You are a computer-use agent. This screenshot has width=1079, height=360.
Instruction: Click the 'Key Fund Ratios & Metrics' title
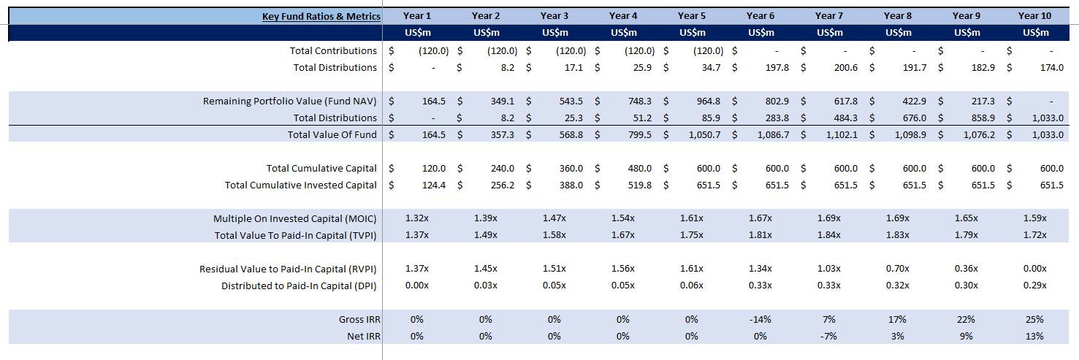321,16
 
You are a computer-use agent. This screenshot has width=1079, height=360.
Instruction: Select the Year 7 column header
829,16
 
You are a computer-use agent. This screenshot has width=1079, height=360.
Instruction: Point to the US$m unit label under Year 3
554,33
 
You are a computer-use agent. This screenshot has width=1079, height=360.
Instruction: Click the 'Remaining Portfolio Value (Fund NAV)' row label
290,102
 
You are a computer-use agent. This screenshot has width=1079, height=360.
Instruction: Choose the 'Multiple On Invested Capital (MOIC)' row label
295,219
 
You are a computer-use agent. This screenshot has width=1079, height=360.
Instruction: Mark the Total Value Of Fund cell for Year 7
840,135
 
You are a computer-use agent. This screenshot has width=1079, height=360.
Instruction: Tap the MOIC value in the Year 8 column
898,219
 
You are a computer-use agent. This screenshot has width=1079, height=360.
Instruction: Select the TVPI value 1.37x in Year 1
417,235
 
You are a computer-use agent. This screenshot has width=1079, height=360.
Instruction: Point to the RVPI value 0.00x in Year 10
1035,269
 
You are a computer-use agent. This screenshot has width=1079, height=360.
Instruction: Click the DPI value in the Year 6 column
760,286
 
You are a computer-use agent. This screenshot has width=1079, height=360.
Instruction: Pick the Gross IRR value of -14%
760,320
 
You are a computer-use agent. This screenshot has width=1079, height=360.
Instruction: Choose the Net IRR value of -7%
829,337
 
